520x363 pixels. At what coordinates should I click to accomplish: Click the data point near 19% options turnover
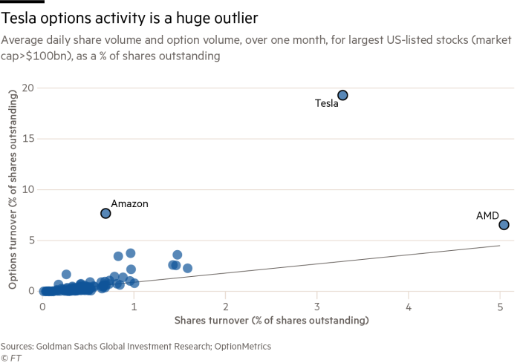click(342, 95)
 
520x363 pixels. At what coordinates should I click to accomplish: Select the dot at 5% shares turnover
click(504, 224)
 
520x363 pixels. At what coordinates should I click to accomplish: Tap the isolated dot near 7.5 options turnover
click(105, 213)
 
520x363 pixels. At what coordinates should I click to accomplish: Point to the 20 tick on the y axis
click(27, 88)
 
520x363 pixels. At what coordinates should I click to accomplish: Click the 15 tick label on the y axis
click(27, 138)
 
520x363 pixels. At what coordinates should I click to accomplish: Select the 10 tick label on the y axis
click(27, 189)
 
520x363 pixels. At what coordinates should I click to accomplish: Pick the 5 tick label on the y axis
click(30, 240)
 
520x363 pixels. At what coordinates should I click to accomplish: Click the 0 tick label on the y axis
click(30, 290)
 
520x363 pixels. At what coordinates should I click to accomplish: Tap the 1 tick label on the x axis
click(134, 305)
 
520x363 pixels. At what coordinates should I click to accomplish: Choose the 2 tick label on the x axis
click(226, 305)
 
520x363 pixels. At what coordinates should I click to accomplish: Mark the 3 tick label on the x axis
click(317, 305)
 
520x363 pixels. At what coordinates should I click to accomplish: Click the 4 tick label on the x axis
click(409, 305)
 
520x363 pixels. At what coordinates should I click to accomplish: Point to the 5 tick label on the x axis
click(500, 305)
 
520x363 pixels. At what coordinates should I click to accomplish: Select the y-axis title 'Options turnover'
click(13, 189)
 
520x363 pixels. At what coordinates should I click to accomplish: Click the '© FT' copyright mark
click(10, 357)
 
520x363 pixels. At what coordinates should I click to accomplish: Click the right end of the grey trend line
click(500, 245)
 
